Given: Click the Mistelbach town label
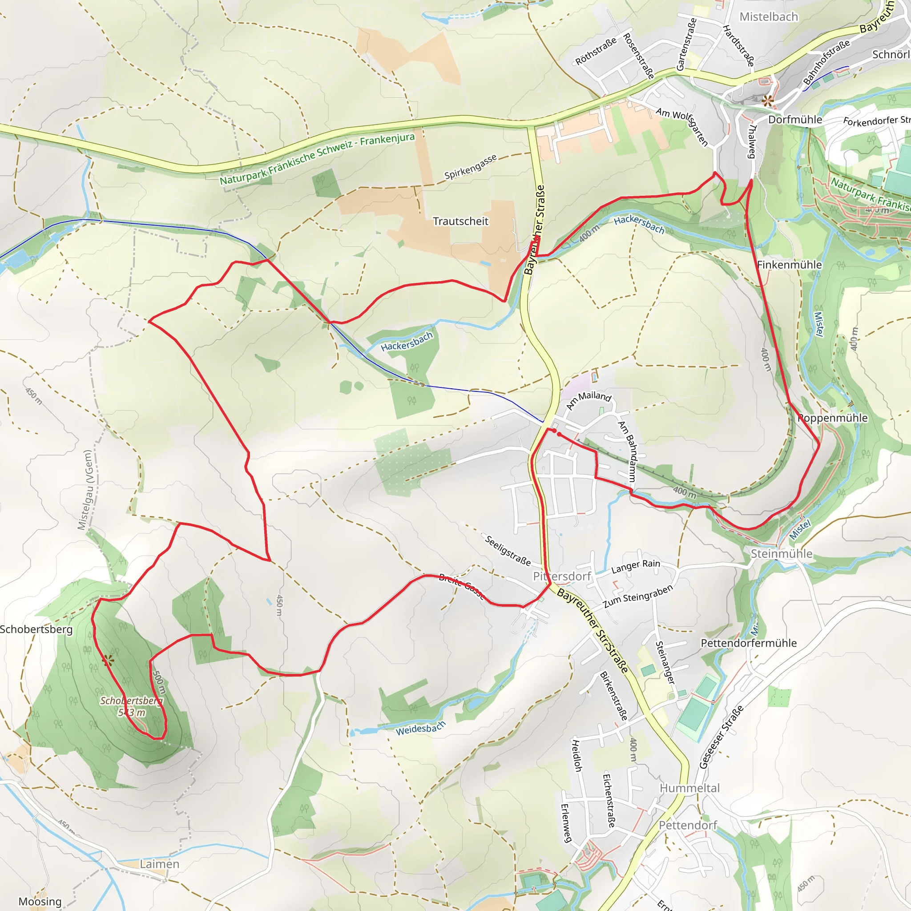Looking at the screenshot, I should (769, 17).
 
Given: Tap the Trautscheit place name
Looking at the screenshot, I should (461, 221).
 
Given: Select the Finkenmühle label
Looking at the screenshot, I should (790, 265).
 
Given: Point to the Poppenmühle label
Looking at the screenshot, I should (833, 418).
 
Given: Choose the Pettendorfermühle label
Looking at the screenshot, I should (748, 643).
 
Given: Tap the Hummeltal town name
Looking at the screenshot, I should (689, 788).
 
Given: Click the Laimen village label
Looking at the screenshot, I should (159, 864).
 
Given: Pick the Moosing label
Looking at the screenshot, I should (40, 902).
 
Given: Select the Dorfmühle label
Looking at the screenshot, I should (795, 120).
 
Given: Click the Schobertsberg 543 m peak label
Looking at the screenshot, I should (132, 706).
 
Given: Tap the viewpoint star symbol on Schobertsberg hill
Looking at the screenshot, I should (108, 661).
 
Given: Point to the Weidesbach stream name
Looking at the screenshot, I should (421, 729).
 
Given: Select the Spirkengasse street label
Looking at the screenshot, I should (470, 167).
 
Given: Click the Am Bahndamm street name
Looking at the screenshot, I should (627, 451).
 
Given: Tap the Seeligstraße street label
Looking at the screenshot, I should (508, 550).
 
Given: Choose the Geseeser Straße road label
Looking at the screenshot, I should (721, 737).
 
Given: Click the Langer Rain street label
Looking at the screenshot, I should (636, 566).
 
